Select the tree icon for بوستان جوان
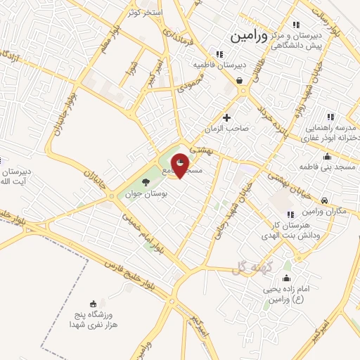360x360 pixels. (x=146, y=183)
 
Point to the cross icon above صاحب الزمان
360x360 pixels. (x=226, y=117)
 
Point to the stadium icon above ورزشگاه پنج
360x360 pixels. (x=94, y=303)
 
